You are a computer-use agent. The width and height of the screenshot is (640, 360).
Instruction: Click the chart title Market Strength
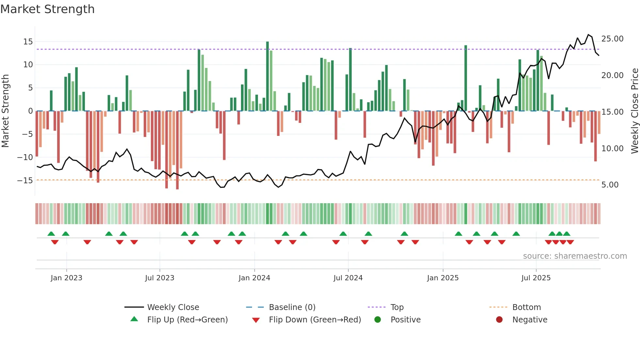pyautogui.click(x=47, y=9)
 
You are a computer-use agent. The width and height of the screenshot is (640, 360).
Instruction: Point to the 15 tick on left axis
pyautogui.click(x=28, y=42)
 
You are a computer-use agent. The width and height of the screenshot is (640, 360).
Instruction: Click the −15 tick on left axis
pyautogui.click(x=25, y=180)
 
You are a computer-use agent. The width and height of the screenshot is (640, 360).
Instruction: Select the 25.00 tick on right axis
pyautogui.click(x=612, y=39)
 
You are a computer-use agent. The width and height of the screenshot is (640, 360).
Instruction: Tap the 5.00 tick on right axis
pyautogui.click(x=610, y=185)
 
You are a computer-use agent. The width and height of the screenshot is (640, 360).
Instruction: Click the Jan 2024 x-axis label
pyautogui.click(x=254, y=278)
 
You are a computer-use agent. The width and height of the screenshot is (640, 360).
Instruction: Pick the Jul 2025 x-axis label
pyautogui.click(x=536, y=278)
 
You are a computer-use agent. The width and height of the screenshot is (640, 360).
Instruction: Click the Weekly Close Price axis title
pyautogui.click(x=634, y=111)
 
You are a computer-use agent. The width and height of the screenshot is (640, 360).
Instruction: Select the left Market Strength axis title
pyautogui.click(x=5, y=111)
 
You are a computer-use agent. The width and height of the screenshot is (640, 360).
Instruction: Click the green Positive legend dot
pyautogui.click(x=378, y=320)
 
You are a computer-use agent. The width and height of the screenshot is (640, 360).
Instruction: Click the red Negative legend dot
pyautogui.click(x=499, y=320)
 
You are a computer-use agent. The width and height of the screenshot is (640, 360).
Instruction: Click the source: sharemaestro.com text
pyautogui.click(x=575, y=256)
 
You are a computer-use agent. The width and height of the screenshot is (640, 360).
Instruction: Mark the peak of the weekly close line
pyautogui.click(x=588, y=35)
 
